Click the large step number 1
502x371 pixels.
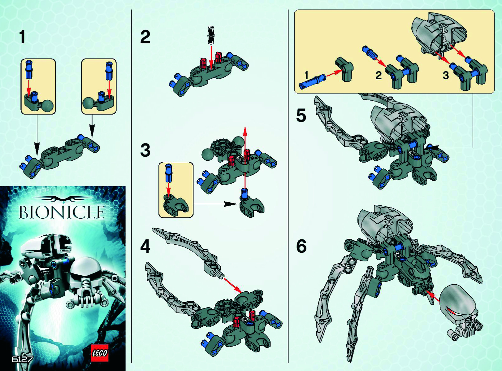[x=22, y=37]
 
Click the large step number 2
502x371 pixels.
[x=145, y=37]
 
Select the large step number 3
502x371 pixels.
[x=145, y=151]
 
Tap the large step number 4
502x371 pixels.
[x=145, y=247]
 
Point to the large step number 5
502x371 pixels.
[x=301, y=116]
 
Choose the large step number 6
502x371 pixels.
[x=301, y=247]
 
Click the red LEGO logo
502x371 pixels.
[x=100, y=353]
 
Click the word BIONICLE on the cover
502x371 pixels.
[x=61, y=212]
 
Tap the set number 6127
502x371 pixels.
[x=22, y=359]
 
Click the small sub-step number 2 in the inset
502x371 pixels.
[x=379, y=76]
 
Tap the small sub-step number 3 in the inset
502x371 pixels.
[x=446, y=75]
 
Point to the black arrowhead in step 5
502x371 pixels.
[x=435, y=148]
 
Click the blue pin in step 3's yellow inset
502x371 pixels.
[x=168, y=174]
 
